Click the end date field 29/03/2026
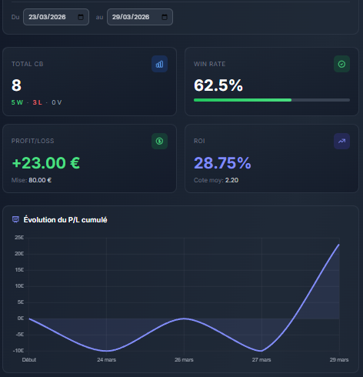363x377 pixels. point(139,17)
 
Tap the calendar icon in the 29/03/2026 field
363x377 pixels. point(165,17)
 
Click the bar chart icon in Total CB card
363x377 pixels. point(159,64)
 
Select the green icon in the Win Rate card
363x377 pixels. point(341,64)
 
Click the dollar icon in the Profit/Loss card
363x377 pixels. point(159,141)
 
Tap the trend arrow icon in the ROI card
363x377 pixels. point(341,141)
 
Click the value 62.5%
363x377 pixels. point(218,85)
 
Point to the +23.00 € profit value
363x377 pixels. point(45,162)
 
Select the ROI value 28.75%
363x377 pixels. point(222,162)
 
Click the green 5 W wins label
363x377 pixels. point(18,102)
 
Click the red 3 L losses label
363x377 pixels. point(38,102)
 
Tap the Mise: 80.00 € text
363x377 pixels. point(32,180)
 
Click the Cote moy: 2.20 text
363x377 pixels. point(216,180)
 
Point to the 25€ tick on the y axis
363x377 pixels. point(19,238)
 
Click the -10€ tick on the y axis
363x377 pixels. point(18,351)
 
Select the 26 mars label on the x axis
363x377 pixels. point(184,359)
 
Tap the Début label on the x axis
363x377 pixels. point(29,359)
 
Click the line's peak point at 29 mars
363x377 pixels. point(339,245)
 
